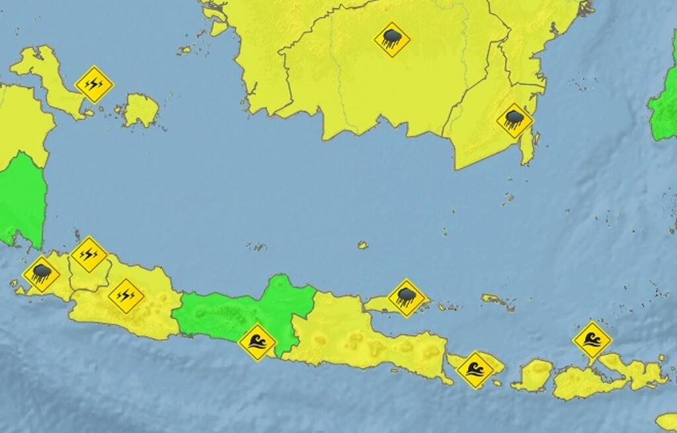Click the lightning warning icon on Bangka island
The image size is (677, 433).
coord(95,84)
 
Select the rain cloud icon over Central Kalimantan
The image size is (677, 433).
coord(392,40)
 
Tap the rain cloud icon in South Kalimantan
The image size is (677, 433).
coord(514,120)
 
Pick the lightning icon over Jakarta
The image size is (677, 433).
coord(89,254)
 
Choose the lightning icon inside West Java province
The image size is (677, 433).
coord(126,296)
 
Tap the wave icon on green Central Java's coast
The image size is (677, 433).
coord(257,342)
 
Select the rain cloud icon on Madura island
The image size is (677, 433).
coord(406,298)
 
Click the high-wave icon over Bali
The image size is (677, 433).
coord(475,370)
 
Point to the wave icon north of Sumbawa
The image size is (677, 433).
coord(592,340)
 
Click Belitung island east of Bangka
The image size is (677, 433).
coord(141,110)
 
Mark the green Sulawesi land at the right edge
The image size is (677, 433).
coord(664,112)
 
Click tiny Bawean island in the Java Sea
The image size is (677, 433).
coord(362,246)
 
